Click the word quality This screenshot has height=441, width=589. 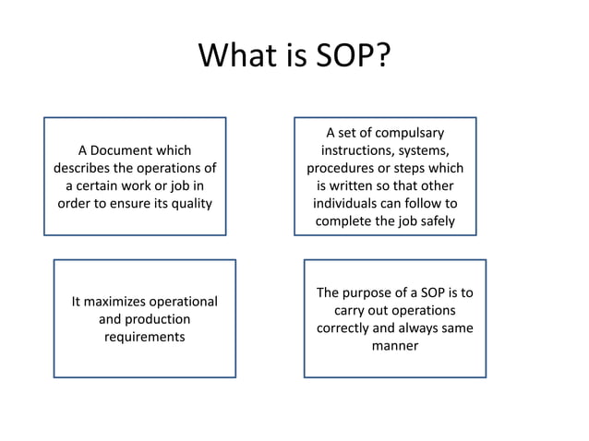click(191, 203)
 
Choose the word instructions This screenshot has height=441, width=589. click(364, 150)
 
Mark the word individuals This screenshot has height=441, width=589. click(351, 203)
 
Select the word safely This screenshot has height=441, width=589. click(433, 221)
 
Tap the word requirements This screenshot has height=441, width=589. click(144, 337)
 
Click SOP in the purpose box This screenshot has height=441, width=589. click(433, 292)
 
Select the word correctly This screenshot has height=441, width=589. click(350, 328)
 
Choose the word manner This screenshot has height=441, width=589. click(394, 346)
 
